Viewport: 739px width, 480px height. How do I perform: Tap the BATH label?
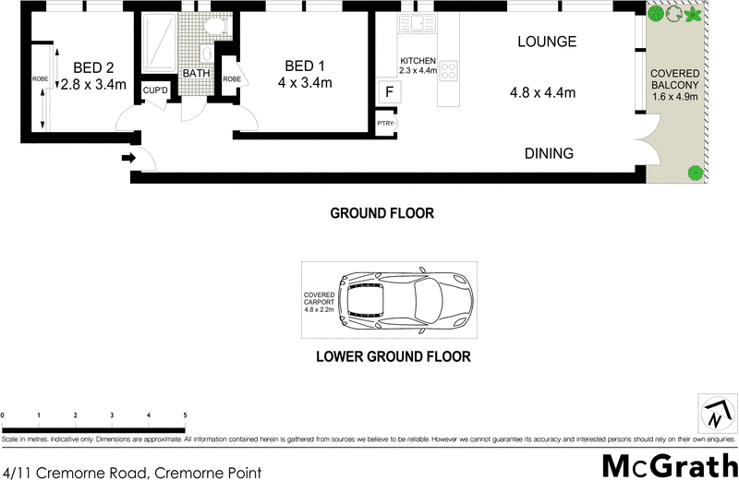[195, 74]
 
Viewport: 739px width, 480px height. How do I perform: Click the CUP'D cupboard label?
[155, 90]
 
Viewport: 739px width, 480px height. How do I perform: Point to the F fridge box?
[389, 91]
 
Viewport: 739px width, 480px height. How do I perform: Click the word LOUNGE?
[547, 42]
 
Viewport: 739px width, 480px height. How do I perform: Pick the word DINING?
[550, 153]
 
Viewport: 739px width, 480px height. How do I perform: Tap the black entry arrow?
[128, 159]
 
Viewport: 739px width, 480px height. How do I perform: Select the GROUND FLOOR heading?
[382, 213]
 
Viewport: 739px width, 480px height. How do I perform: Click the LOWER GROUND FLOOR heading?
[394, 356]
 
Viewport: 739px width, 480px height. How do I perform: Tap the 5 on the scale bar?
[185, 415]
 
